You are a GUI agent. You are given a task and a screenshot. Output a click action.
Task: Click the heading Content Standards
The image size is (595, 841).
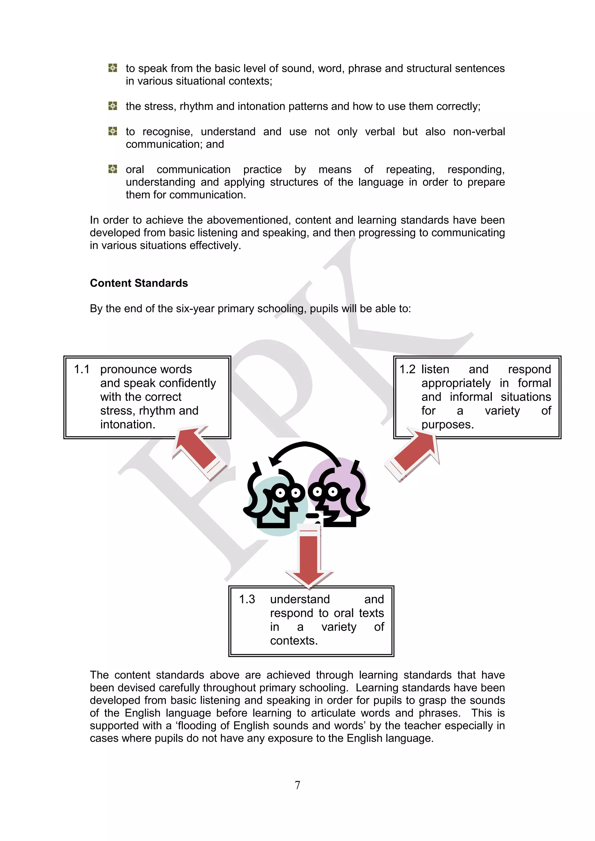139,283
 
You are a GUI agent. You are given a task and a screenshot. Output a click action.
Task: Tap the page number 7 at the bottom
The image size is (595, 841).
297,785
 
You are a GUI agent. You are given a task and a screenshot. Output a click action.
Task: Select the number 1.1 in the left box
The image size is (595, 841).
82,369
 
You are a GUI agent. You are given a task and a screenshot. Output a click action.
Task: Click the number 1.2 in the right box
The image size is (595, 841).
407,369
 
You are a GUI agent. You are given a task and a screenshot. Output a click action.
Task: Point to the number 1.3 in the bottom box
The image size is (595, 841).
247,599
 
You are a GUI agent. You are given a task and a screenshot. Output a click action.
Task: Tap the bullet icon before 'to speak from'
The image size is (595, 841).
113,68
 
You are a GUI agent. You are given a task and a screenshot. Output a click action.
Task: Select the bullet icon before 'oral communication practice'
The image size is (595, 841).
113,169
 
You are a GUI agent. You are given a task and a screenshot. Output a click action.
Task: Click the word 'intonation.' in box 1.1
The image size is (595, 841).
128,425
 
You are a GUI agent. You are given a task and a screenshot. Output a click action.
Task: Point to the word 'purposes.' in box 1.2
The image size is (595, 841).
447,425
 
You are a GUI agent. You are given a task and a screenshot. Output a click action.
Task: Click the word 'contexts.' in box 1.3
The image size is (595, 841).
294,641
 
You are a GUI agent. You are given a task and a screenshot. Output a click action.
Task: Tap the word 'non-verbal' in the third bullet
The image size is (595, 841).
478,132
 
